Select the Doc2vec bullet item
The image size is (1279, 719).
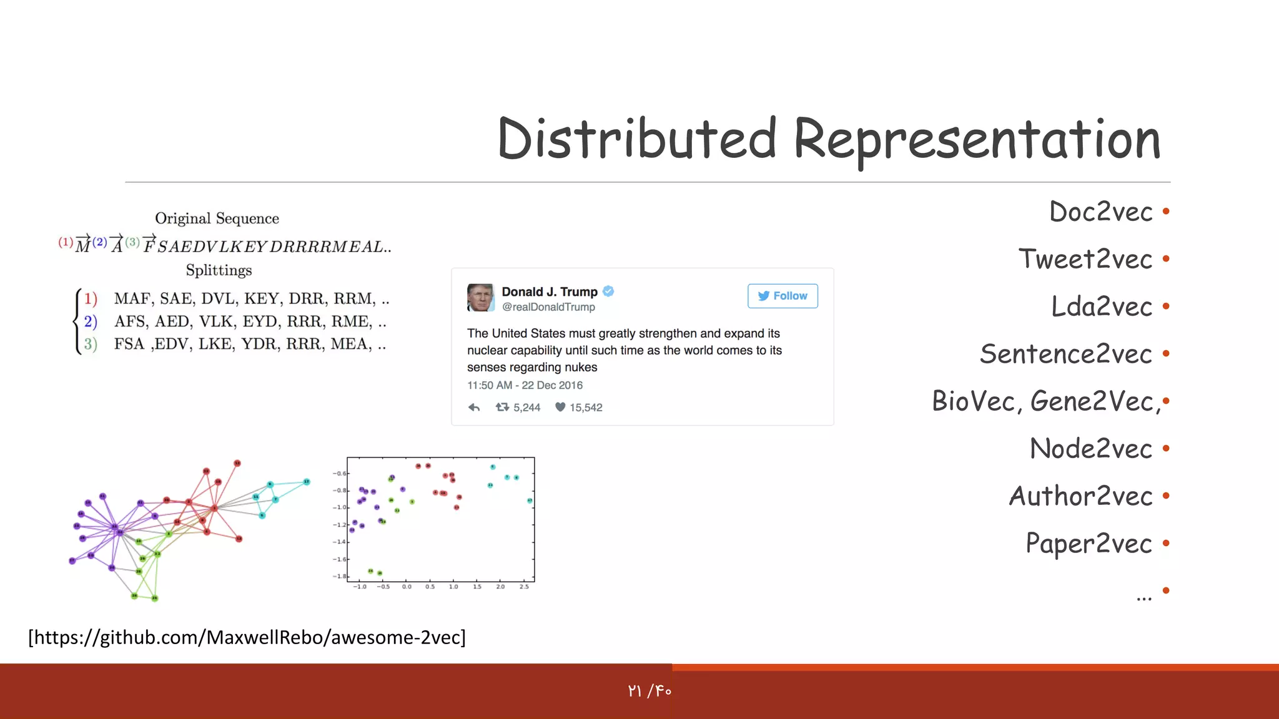pos(1100,212)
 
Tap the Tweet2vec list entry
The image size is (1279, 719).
pos(1085,259)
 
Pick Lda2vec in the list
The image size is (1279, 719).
pos(1102,306)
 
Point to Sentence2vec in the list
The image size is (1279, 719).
pos(1065,354)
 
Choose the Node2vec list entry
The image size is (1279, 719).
pos(1090,449)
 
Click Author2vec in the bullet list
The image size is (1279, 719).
pos(1080,496)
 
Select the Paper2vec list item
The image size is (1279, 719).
pos(1089,544)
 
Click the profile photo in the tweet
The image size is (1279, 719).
pos(480,298)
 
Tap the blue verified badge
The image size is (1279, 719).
pos(608,291)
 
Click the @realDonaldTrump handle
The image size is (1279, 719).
pos(548,307)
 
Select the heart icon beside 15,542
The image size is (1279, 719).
pos(560,407)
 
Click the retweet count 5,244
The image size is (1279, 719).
pos(526,408)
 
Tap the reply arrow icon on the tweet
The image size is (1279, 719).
pos(474,408)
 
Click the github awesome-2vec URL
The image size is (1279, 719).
pos(247,637)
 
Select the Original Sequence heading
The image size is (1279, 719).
pos(217,218)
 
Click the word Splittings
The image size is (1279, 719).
pos(219,270)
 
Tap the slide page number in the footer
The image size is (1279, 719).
pos(649,691)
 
